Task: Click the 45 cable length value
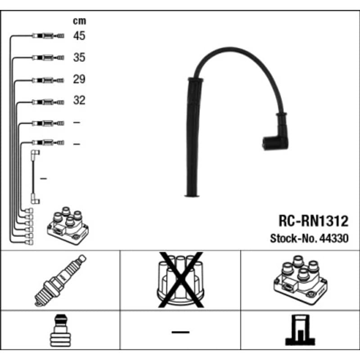coord(79,36)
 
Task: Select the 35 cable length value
coord(79,57)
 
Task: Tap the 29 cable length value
coord(79,79)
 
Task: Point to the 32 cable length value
coord(79,100)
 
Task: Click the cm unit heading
coord(80,21)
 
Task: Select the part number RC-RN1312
coord(313,221)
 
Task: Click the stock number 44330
coord(334,238)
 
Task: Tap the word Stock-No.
coord(294,238)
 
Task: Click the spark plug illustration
coord(60,280)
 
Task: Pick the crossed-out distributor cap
coord(180,280)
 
